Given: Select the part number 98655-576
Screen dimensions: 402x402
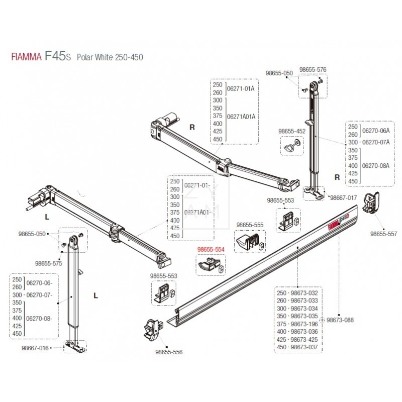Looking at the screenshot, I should [x=313, y=70].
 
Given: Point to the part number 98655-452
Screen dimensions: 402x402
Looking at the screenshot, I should [x=291, y=132].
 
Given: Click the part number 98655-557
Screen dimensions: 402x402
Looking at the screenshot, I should [x=383, y=234].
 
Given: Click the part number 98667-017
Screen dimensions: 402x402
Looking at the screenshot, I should [x=343, y=198].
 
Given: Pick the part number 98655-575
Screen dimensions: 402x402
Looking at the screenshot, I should [x=49, y=263].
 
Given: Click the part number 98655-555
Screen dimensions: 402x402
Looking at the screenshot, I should [x=250, y=225].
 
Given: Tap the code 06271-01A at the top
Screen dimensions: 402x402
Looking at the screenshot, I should [x=242, y=89].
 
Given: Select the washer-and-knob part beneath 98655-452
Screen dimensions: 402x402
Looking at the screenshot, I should [x=292, y=147].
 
